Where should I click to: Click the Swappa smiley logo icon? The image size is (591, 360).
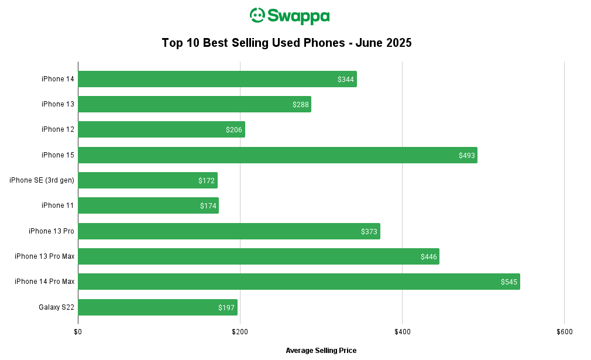click(257, 15)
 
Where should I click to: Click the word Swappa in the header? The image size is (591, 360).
click(298, 16)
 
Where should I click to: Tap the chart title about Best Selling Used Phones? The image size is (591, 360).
click(287, 43)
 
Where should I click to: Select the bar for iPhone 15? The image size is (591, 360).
click(278, 155)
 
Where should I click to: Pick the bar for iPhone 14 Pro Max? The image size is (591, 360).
click(299, 282)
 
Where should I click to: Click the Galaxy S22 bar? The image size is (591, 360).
click(158, 307)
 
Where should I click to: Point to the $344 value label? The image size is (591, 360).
click(346, 79)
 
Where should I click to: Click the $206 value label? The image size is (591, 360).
click(233, 130)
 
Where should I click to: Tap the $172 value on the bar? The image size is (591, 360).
click(206, 180)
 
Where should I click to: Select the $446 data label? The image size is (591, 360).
click(428, 257)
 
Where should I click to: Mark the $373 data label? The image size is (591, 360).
click(369, 231)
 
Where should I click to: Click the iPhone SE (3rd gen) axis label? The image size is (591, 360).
click(42, 180)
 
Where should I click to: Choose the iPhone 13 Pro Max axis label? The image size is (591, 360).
click(44, 256)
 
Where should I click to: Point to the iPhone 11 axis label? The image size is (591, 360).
click(58, 205)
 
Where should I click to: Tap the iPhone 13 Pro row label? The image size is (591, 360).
click(51, 231)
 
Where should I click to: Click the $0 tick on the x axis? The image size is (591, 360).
click(78, 332)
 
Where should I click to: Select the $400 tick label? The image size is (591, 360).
click(402, 332)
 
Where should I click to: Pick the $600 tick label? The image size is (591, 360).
click(564, 332)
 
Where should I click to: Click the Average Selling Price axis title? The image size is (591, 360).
click(321, 351)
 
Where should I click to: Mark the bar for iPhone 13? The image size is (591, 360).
click(195, 104)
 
